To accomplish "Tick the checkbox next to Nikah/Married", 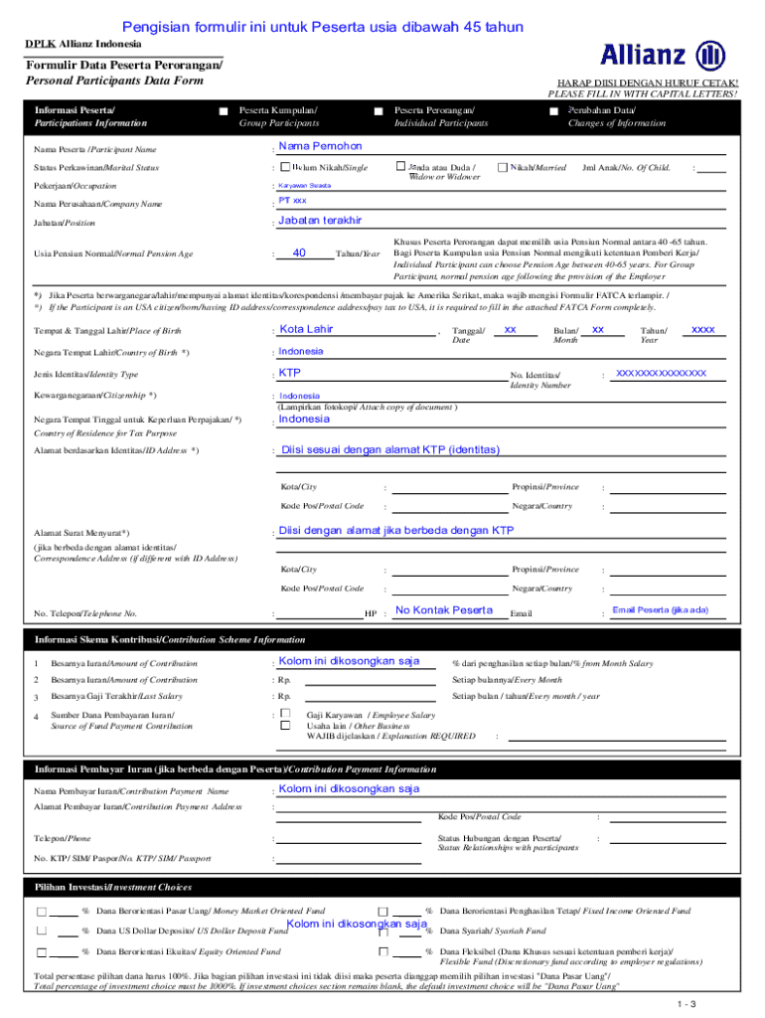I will click(502, 168).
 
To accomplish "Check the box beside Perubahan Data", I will click(553, 110).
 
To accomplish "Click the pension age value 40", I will click(299, 253).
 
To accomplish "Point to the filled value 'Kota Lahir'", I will click(307, 329).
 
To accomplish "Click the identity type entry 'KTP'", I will click(290, 373).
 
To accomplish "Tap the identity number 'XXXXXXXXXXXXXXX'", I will click(661, 373).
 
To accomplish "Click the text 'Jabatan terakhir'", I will click(320, 220).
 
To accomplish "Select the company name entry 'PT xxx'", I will click(292, 201).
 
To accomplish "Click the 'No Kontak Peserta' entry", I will click(443, 609).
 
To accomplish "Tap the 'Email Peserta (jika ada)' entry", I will click(660, 609).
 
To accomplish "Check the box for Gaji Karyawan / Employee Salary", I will click(285, 714).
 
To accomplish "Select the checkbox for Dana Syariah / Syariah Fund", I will click(382, 932).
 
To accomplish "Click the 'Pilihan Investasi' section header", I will click(112, 887).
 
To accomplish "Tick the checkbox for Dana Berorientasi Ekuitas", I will click(41, 951).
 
